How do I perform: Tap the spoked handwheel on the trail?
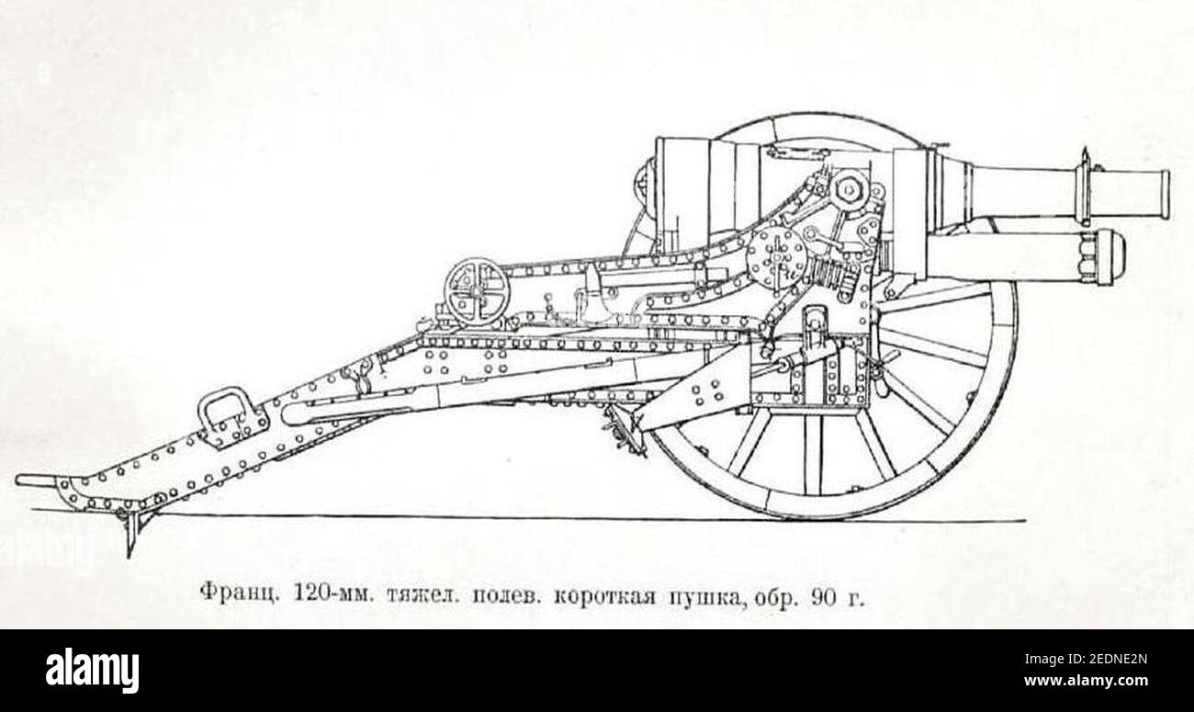tap(477, 291)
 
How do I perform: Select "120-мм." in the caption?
tap(334, 593)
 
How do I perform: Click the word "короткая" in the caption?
tap(604, 594)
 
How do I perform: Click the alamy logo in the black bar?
tap(92, 671)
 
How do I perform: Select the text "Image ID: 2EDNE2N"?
tap(1086, 660)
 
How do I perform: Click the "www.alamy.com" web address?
tap(1086, 681)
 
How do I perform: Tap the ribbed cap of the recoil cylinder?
tap(1103, 256)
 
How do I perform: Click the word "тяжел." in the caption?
tap(423, 593)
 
